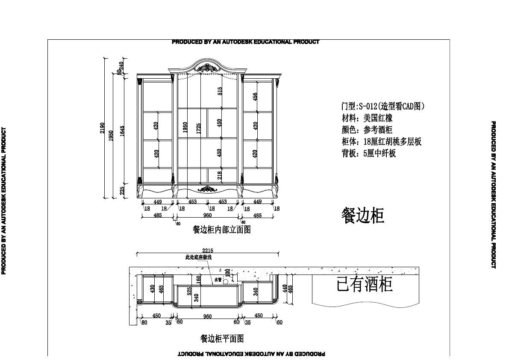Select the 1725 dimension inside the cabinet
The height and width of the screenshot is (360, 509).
(x=198, y=128)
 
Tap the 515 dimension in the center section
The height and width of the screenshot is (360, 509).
(x=220, y=91)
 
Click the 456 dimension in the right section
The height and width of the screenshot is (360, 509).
(x=255, y=97)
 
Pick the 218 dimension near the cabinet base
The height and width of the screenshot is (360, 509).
(x=220, y=175)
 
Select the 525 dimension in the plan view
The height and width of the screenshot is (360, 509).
(x=189, y=291)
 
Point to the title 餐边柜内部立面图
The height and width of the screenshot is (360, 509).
(x=222, y=230)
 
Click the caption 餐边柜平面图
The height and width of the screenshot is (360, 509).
(x=222, y=339)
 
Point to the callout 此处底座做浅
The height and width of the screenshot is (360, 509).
(x=198, y=257)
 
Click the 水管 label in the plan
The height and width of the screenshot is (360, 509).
(x=218, y=280)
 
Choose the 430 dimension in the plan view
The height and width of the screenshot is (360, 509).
(x=152, y=289)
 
